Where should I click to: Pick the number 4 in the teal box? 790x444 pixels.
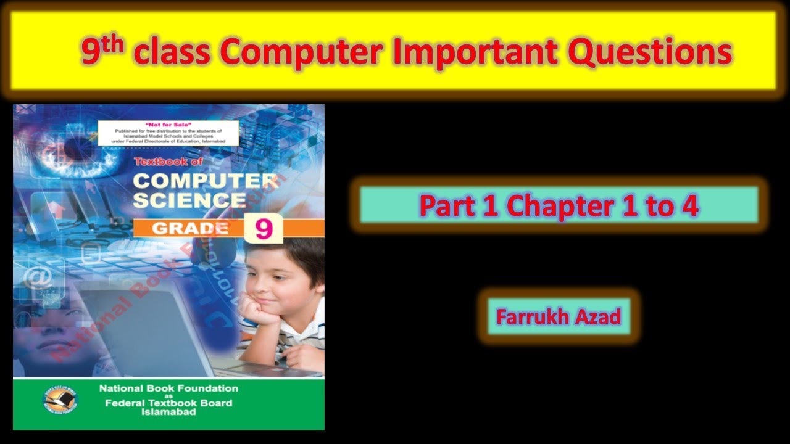coord(689,205)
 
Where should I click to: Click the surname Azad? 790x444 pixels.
coord(599,317)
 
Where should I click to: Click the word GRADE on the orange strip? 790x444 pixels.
coord(189,228)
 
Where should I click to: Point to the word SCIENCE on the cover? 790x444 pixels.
coord(189,200)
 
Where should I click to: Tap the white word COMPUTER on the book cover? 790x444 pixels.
coord(205,181)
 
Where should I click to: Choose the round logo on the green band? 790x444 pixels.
coord(60,400)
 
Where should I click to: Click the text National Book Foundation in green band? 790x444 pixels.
coord(168,388)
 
